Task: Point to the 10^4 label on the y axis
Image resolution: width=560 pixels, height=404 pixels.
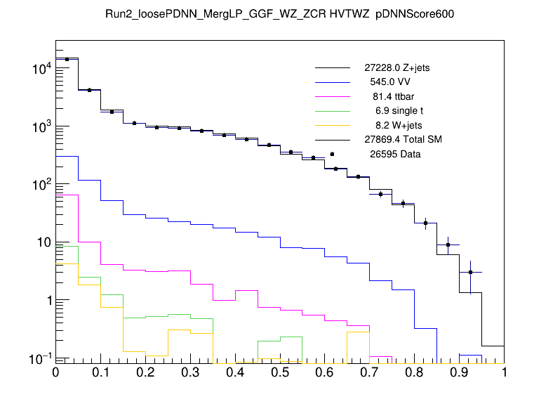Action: tap(39, 69)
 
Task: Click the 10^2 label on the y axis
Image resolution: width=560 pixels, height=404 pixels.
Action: tap(39, 185)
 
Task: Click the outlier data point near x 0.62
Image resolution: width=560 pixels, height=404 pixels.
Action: tap(332, 154)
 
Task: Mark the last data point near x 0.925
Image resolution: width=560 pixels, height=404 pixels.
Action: tap(470, 272)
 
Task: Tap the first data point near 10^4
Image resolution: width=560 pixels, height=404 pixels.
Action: tap(67, 59)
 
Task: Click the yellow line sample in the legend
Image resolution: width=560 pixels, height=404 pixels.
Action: tap(332, 125)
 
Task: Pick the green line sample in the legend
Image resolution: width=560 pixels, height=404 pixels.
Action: tap(332, 111)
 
